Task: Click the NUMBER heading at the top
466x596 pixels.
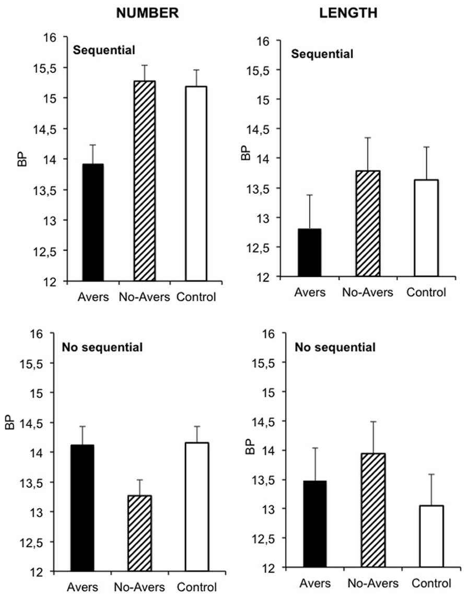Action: pos(147,14)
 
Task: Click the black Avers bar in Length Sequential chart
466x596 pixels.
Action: pos(310,252)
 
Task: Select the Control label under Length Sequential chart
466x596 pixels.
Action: pos(425,293)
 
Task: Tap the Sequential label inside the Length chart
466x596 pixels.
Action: pos(322,54)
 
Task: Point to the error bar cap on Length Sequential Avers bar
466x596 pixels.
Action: pos(310,195)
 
